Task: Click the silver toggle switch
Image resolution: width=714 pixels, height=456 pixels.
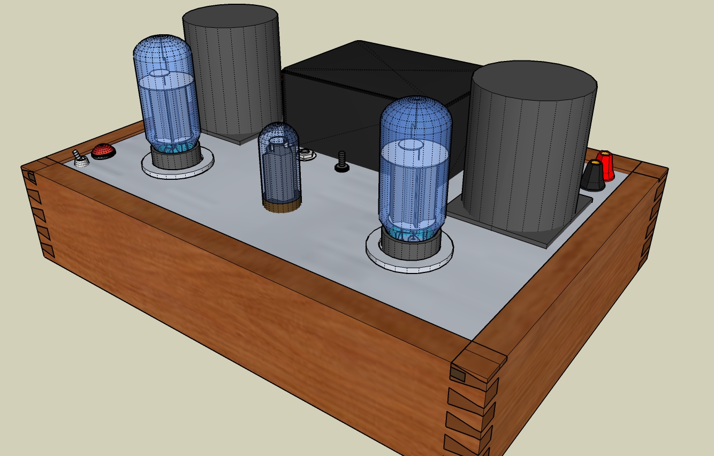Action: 80,159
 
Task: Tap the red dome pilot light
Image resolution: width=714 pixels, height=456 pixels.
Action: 103,151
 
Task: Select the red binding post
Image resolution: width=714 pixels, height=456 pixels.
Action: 605,165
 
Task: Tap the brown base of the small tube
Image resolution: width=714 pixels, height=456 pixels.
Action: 282,207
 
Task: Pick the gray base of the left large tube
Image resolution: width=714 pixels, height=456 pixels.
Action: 176,157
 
